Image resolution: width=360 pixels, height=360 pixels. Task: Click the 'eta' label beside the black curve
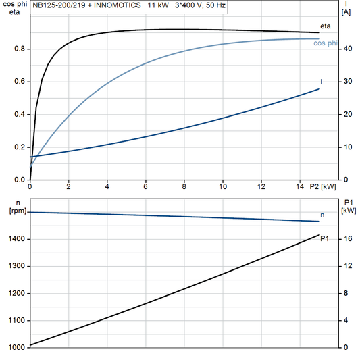[x=325, y=27]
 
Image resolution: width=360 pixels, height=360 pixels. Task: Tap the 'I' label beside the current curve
[x=321, y=82]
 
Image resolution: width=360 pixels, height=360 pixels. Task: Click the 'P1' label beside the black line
[x=325, y=238]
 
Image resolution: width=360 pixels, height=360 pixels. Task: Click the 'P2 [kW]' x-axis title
[x=323, y=186]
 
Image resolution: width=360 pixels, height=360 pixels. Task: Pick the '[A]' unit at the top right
[x=346, y=12]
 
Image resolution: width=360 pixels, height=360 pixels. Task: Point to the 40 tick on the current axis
[x=347, y=49]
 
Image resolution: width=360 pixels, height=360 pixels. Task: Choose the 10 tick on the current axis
[x=347, y=147]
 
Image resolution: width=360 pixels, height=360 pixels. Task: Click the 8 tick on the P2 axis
[x=184, y=186]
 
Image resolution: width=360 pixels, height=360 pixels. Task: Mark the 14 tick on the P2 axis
[x=300, y=186]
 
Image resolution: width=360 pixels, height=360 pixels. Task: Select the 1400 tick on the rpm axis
[x=16, y=239]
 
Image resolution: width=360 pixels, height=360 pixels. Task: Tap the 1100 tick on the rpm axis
[x=16, y=320]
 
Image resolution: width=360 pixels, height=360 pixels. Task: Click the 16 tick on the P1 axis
[x=347, y=239]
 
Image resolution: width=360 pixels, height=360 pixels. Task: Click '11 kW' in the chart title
[x=158, y=5]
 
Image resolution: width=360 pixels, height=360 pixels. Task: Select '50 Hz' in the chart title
[x=214, y=5]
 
